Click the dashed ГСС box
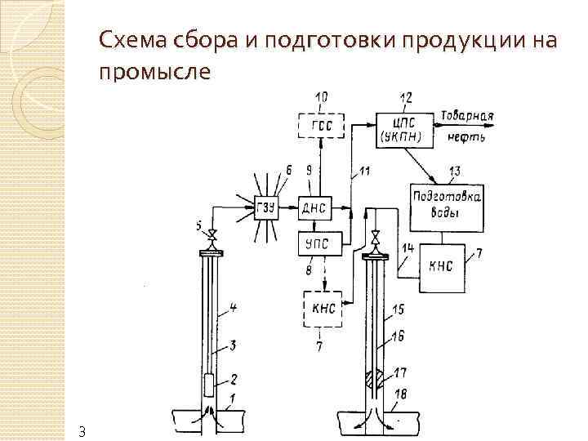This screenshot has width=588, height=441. (321, 127)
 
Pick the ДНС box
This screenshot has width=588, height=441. (314, 207)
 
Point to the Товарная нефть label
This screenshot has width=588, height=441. (468, 126)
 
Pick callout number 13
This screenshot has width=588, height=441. (454, 171)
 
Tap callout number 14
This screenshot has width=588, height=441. (408, 247)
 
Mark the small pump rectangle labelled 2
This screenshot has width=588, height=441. (208, 381)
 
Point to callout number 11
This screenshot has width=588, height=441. (363, 171)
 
